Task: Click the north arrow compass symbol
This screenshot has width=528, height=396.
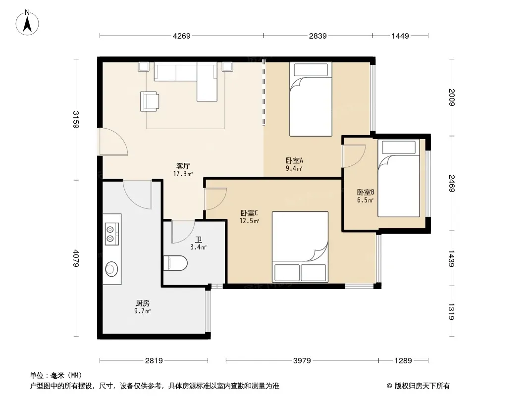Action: click(27, 23)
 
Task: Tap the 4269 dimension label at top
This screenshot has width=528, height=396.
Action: click(181, 36)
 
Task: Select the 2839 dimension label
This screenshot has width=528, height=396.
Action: click(317, 36)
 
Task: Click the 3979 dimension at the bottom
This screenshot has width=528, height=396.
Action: click(302, 361)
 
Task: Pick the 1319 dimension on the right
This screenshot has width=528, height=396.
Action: click(452, 311)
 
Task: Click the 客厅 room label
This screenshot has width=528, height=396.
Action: click(183, 166)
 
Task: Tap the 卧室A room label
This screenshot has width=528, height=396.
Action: click(294, 160)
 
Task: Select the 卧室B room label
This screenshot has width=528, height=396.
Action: click(366, 192)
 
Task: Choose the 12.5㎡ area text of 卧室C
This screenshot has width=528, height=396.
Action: click(249, 221)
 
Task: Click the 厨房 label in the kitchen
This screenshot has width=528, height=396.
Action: click(143, 303)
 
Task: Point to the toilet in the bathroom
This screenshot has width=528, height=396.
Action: click(175, 263)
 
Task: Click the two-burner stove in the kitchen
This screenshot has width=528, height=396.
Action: click(111, 234)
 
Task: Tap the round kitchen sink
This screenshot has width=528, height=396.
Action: click(111, 269)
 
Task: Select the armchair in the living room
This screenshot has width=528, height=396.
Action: click(150, 101)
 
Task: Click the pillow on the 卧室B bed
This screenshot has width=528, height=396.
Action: click(398, 148)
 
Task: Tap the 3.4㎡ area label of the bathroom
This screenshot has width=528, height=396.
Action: click(198, 247)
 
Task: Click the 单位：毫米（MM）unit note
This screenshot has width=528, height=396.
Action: click(56, 375)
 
